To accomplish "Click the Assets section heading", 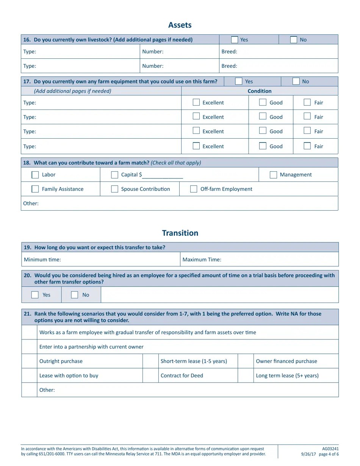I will pos(180,25).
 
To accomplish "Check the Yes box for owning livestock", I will pos(235,40).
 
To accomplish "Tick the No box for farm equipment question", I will pos(296,81).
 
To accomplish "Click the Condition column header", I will pos(259,91).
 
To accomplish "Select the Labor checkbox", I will pos(35,175).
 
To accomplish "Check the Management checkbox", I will pos(273,175).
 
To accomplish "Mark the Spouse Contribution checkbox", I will pos(114,189).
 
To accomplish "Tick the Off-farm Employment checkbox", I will pos(194,189).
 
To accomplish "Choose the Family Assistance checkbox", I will pos(35,189).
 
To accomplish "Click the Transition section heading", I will pos(180,233).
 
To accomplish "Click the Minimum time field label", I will pos(42,260).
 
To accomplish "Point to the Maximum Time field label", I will pos(202,260).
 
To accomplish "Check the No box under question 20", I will pos(75,295).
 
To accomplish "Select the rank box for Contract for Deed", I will pos(150,375).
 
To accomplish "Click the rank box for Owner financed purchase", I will pos(246,361).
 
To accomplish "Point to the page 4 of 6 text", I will pos(329,454).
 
